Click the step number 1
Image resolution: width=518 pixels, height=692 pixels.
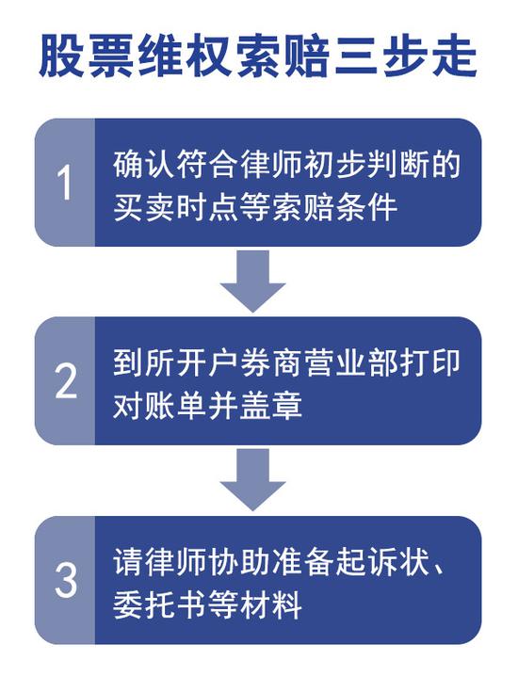tap(65, 182)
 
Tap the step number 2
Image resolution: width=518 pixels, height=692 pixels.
tap(66, 380)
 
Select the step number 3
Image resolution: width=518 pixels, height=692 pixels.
tap(66, 579)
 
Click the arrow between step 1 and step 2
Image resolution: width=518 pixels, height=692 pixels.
tap(253, 282)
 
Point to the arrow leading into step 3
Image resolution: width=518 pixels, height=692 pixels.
tap(253, 480)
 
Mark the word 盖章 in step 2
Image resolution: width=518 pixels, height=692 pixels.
tap(270, 405)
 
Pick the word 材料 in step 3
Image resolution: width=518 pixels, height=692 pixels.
tap(270, 603)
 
